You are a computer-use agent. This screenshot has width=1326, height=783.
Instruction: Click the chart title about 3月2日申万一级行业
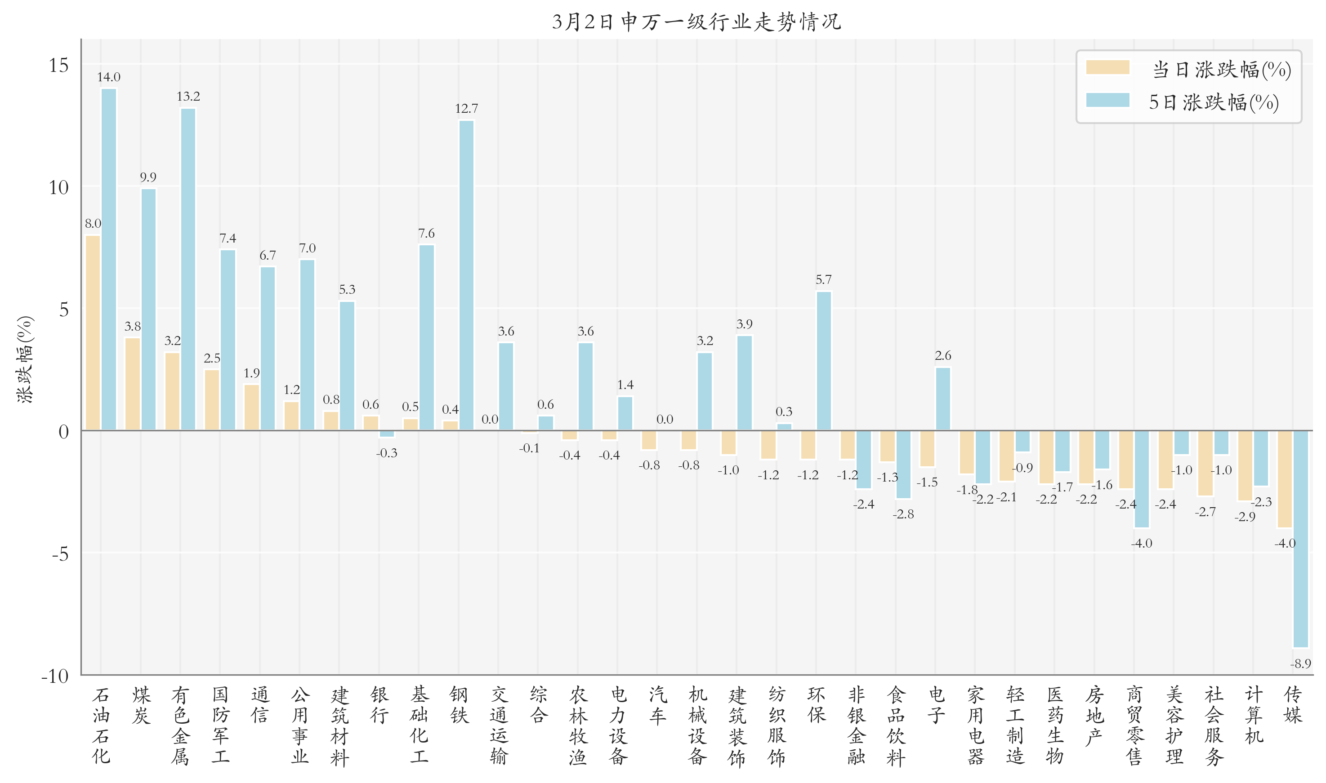[x=696, y=22]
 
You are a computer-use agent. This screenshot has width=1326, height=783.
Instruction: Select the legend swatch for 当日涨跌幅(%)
[x=1107, y=67]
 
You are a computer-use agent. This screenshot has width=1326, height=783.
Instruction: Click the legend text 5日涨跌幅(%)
[x=1214, y=102]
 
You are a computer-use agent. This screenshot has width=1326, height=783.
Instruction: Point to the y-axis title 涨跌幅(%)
[x=25, y=359]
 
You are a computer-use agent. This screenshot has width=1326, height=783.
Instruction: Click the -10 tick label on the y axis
[x=55, y=676]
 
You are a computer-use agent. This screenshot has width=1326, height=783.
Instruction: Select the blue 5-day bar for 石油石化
[x=109, y=259]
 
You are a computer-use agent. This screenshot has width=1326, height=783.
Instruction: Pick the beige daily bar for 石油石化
[x=93, y=332]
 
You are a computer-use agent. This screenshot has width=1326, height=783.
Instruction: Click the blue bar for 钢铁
[x=466, y=274]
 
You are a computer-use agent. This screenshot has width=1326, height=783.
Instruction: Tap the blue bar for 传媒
[x=1301, y=538]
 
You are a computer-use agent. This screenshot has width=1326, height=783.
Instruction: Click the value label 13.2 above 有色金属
[x=188, y=97]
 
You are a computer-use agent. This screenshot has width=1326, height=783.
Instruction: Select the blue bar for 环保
[x=824, y=360]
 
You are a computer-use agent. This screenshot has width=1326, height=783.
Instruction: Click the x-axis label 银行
[x=379, y=705]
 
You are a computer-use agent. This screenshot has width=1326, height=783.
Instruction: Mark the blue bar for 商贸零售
[x=1142, y=478]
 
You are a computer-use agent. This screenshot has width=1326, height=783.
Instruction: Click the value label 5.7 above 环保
[x=823, y=279]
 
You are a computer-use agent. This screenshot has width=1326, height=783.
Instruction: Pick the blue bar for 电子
[x=942, y=398]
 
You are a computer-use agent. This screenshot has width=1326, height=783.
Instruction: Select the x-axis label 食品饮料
[x=896, y=725]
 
